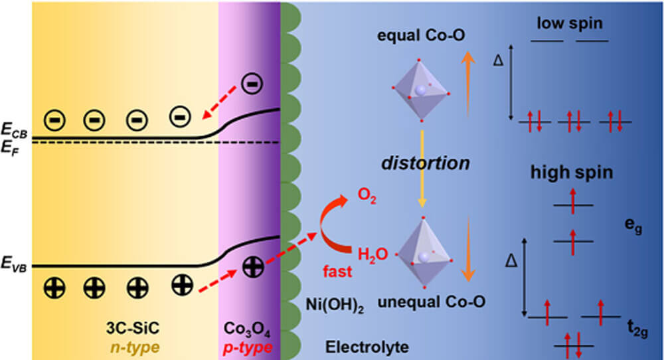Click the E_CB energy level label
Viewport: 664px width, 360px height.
(14, 130)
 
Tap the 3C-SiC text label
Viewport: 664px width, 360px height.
(133, 328)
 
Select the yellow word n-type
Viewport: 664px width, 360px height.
(135, 347)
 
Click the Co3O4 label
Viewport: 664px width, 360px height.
(247, 329)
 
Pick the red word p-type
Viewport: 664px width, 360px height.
(248, 347)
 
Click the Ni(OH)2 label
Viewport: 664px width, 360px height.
(335, 305)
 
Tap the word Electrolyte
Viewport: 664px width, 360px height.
(367, 347)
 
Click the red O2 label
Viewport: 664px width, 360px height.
(367, 196)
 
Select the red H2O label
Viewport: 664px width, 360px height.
(373, 255)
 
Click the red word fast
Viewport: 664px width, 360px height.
(337, 272)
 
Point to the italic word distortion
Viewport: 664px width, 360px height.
(426, 163)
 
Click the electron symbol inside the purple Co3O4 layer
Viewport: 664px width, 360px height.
(252, 84)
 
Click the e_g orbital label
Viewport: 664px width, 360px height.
(633, 225)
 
